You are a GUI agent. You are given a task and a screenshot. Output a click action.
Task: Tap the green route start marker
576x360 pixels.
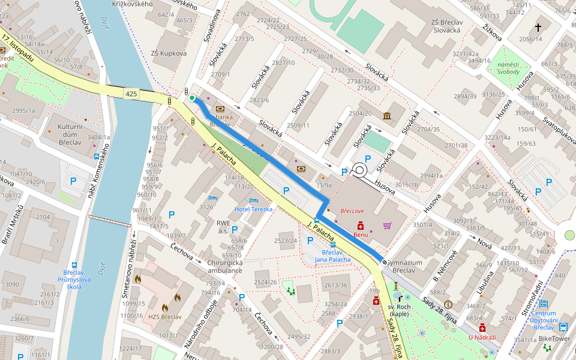click(x=192, y=98)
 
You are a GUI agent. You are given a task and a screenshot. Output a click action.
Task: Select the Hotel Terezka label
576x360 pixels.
click(x=253, y=209)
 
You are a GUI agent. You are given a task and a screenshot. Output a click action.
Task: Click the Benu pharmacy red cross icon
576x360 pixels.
click(x=361, y=226)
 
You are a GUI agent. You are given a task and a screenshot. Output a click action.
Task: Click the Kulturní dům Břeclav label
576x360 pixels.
click(x=73, y=133)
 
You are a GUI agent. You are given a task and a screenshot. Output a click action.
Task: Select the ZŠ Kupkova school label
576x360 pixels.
click(x=169, y=53)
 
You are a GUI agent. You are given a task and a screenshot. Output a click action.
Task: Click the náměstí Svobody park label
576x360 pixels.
click(x=508, y=68)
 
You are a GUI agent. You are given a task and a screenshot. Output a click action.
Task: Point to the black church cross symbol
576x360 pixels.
click(x=538, y=27)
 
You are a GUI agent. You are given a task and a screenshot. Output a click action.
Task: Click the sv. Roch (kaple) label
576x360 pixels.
click(x=399, y=310)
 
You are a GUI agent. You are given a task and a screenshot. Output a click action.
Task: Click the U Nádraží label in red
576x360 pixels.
click(x=482, y=337)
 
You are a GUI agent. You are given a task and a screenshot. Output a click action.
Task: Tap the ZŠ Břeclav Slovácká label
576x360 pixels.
click(x=445, y=26)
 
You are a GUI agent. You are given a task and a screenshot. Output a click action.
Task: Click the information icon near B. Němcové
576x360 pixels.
click(x=448, y=305)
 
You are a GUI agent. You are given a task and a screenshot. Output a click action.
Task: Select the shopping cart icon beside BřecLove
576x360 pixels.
click(x=387, y=226)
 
